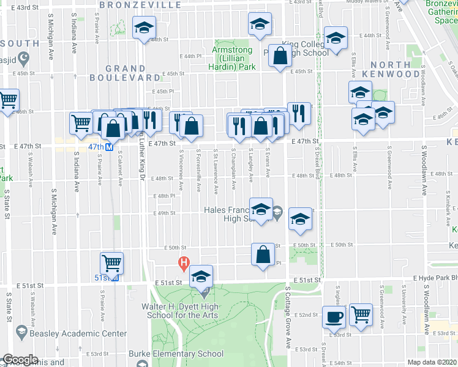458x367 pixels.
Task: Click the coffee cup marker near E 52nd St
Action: click(334, 317)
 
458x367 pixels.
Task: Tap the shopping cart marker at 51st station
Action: click(112, 264)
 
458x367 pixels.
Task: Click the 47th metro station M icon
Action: click(109, 147)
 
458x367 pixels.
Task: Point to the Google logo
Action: click(20, 360)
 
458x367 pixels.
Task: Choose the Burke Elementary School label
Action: click(176, 354)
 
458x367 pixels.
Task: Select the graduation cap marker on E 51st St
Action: click(201, 276)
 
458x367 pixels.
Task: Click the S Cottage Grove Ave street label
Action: click(287, 317)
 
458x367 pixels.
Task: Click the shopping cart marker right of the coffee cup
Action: click(361, 315)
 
